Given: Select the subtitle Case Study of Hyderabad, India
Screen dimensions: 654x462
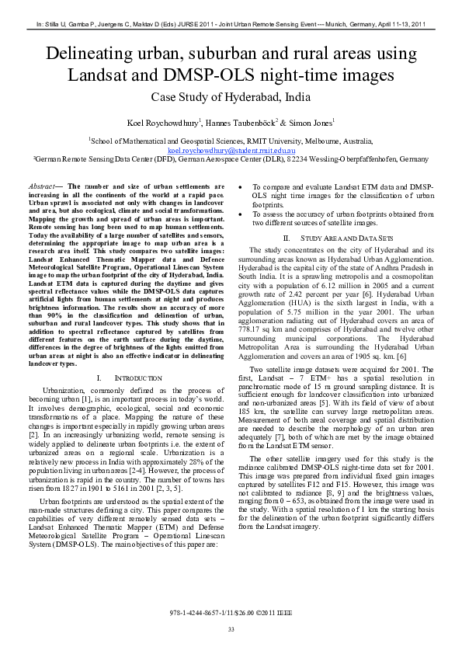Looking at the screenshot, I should [231, 98].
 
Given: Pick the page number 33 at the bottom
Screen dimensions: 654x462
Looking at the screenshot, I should [231, 628].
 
